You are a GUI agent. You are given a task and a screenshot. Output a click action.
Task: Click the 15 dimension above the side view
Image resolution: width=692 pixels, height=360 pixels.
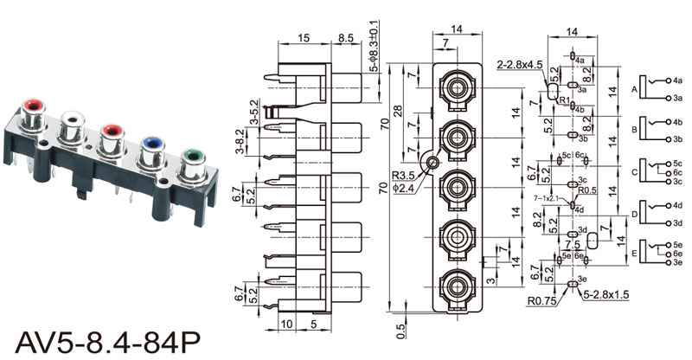pyautogui.click(x=304, y=39)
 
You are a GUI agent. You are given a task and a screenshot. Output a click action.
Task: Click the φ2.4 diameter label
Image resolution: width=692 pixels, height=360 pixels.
pyautogui.click(x=402, y=188)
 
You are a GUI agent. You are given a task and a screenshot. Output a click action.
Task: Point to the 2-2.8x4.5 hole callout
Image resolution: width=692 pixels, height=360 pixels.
pyautogui.click(x=519, y=65)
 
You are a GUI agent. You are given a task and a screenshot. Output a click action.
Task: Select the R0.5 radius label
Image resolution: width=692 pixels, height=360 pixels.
pyautogui.click(x=588, y=190)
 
